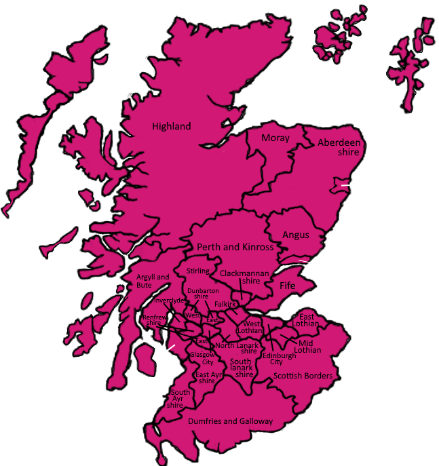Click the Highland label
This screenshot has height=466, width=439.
pos(171,126)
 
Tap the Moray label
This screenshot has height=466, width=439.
pos(275,138)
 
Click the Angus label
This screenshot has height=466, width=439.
pos(296,235)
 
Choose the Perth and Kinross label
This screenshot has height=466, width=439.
pos(235,248)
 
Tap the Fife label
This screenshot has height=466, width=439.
pos(288,286)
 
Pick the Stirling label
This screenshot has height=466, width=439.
pos(198,271)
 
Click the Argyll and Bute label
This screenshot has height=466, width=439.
pos(153,281)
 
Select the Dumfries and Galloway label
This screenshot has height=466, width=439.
pos(229,421)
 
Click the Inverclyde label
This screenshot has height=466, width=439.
pos(168,300)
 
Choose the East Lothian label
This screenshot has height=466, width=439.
pos(308,320)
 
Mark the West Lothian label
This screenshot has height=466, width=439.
pos(252,328)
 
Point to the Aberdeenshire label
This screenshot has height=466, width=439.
pos(339,148)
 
